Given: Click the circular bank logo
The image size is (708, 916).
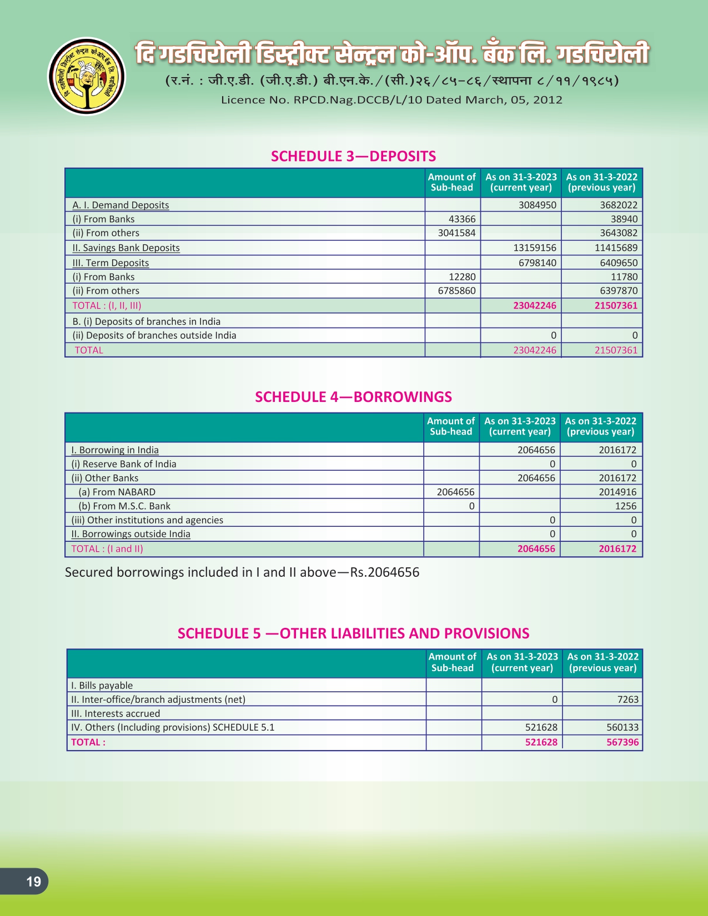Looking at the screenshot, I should [x=87, y=76].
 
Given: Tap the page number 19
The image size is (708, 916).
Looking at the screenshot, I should [x=33, y=881].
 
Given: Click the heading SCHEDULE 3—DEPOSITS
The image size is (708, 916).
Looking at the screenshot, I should [x=353, y=156].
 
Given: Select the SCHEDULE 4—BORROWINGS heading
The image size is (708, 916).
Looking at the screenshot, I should [x=353, y=397].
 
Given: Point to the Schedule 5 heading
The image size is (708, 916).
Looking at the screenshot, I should [x=353, y=633].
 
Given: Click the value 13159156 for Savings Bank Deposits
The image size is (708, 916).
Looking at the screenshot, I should [x=535, y=248].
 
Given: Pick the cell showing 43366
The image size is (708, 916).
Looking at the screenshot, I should [x=461, y=219].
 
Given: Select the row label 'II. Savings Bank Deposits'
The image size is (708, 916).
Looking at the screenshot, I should [x=126, y=248].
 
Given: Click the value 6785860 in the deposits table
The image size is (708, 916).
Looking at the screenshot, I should [x=456, y=291].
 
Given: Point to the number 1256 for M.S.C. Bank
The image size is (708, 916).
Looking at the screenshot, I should [x=625, y=506].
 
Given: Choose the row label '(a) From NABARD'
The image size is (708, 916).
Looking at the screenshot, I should [x=117, y=492].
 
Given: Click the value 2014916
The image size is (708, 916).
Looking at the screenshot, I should [x=617, y=492].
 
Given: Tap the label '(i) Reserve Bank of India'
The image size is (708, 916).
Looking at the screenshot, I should [x=124, y=464].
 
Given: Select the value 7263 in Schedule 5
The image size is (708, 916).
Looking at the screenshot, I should [x=627, y=699].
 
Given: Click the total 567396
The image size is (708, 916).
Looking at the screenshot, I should [x=622, y=742].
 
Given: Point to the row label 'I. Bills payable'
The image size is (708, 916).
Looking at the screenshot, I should [x=102, y=686].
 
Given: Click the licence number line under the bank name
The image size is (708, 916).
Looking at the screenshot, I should [x=391, y=100].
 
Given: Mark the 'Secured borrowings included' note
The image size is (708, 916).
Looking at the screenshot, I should [x=242, y=572].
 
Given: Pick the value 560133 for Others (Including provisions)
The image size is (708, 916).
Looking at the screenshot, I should [x=622, y=727].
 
